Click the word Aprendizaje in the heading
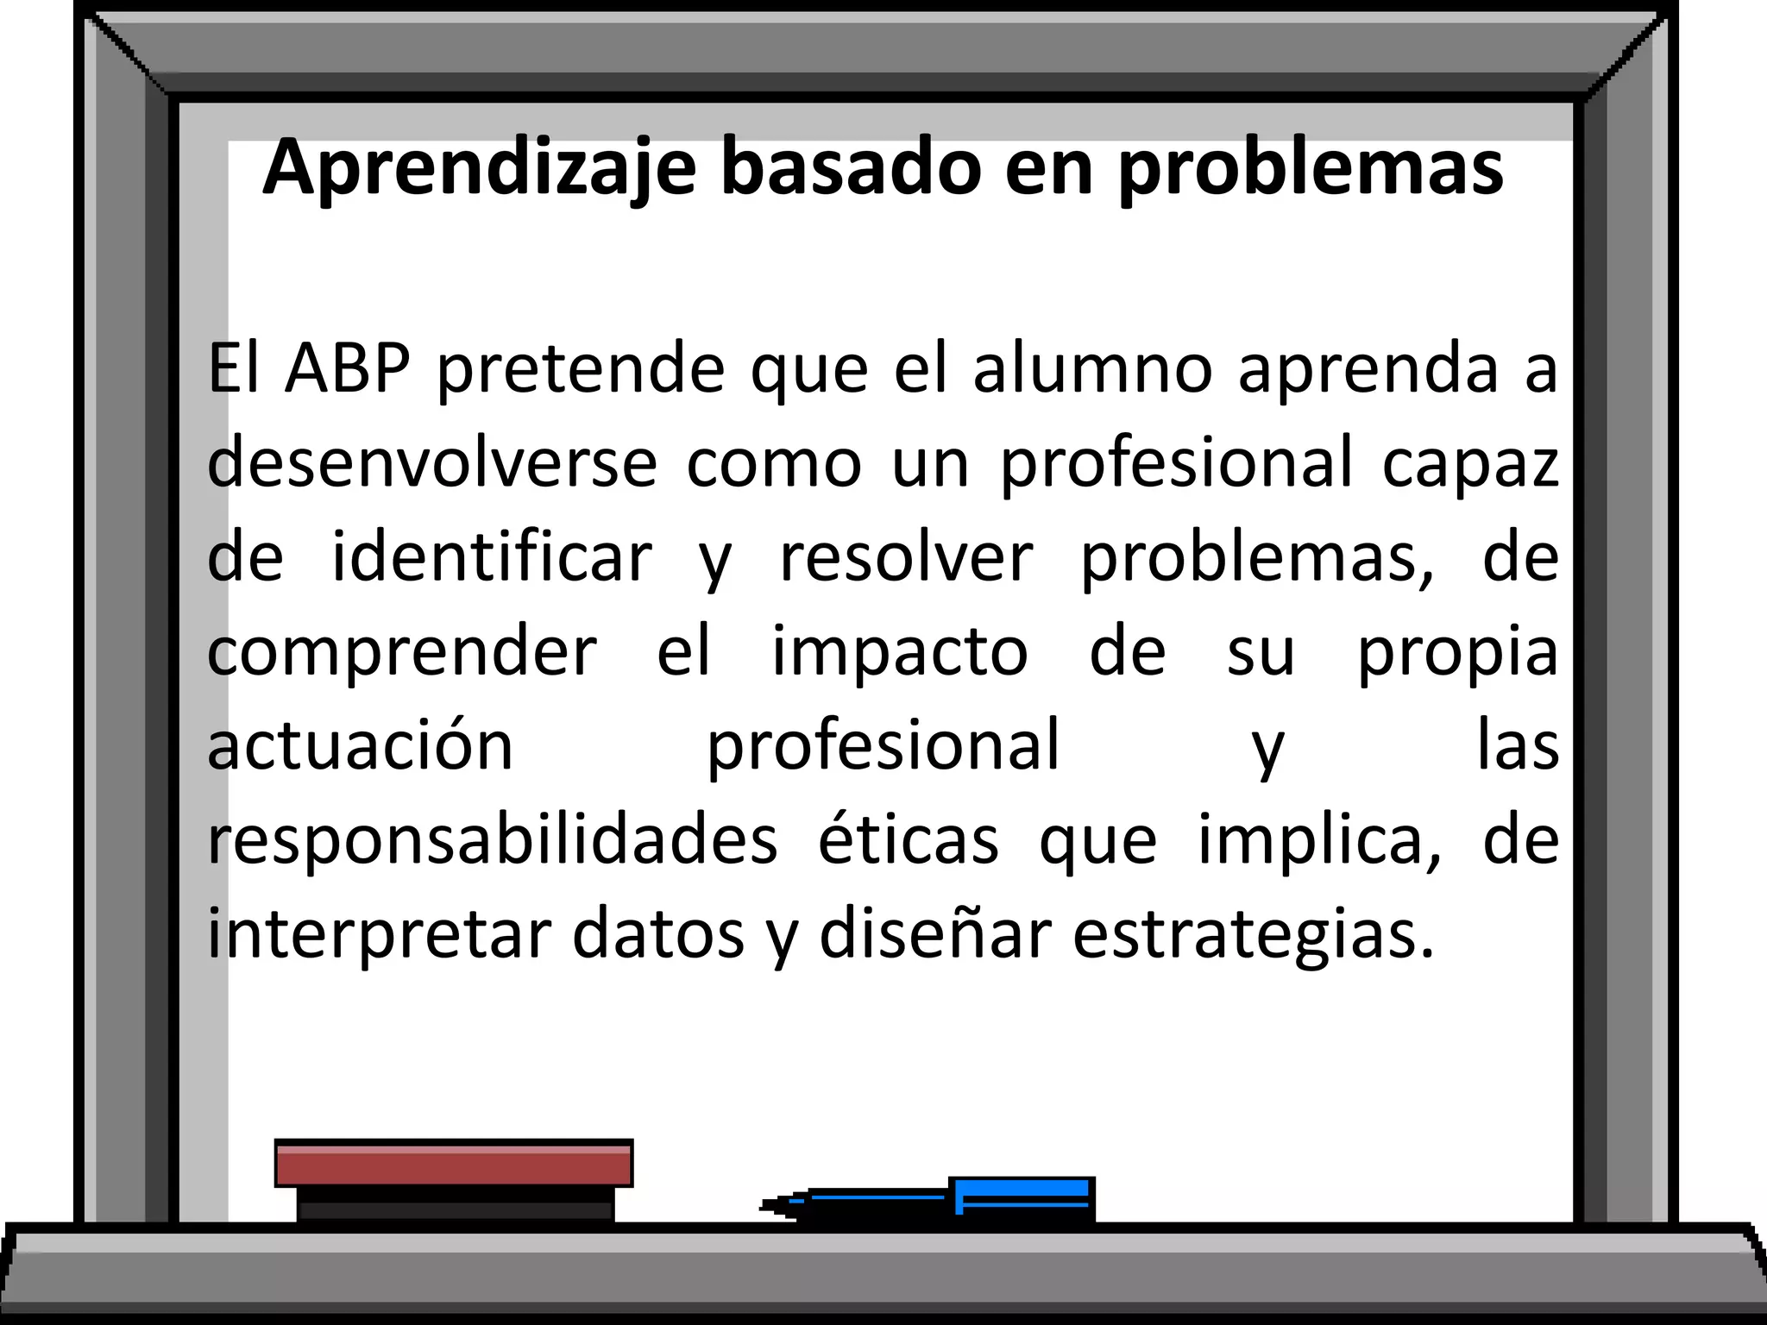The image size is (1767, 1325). pos(479,168)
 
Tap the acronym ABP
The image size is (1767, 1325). pos(347,369)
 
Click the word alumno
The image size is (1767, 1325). pos(1093,369)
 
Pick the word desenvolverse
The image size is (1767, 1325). pos(432,463)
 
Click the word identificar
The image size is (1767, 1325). pos(492,557)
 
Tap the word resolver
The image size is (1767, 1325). pos(906,557)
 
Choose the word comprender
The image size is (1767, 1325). pos(402,654)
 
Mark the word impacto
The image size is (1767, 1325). pos(899,652)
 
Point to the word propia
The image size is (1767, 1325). pos(1458,654)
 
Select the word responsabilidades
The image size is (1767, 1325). pos(493,841)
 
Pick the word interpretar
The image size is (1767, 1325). pos(379,935)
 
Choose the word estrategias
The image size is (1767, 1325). pos(1253,935)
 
